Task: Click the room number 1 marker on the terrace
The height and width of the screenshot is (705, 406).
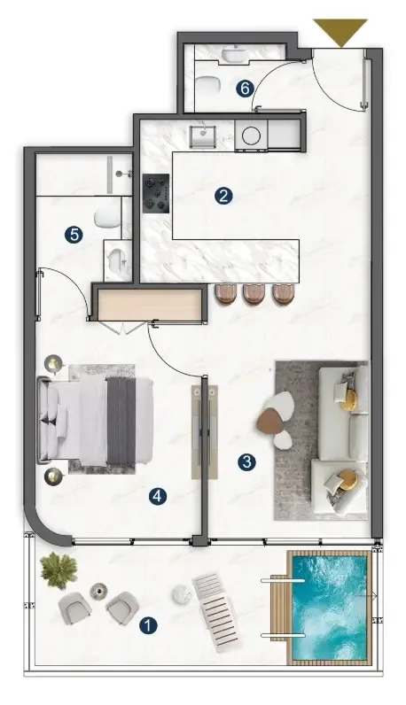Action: (x=148, y=625)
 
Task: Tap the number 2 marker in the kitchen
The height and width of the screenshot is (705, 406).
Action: (x=223, y=196)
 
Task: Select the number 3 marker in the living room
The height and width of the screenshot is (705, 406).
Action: (x=246, y=461)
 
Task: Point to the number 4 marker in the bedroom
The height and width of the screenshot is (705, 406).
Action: (x=158, y=496)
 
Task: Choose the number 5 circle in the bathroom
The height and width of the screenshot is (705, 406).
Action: (x=74, y=235)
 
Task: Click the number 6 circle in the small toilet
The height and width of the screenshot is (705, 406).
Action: (x=245, y=89)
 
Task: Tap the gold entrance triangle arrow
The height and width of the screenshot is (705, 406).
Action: (x=340, y=33)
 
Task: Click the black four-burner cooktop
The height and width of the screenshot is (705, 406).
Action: (x=156, y=193)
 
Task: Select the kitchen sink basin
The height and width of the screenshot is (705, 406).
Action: (x=202, y=136)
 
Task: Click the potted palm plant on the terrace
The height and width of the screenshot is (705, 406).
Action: (x=59, y=570)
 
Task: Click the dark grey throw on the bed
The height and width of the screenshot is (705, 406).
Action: (x=121, y=421)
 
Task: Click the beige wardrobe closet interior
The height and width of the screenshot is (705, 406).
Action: (x=150, y=305)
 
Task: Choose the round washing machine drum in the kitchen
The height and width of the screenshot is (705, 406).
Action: (x=251, y=135)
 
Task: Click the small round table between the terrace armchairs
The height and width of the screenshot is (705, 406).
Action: (x=98, y=591)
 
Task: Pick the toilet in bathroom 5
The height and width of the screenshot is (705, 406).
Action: (x=106, y=218)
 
